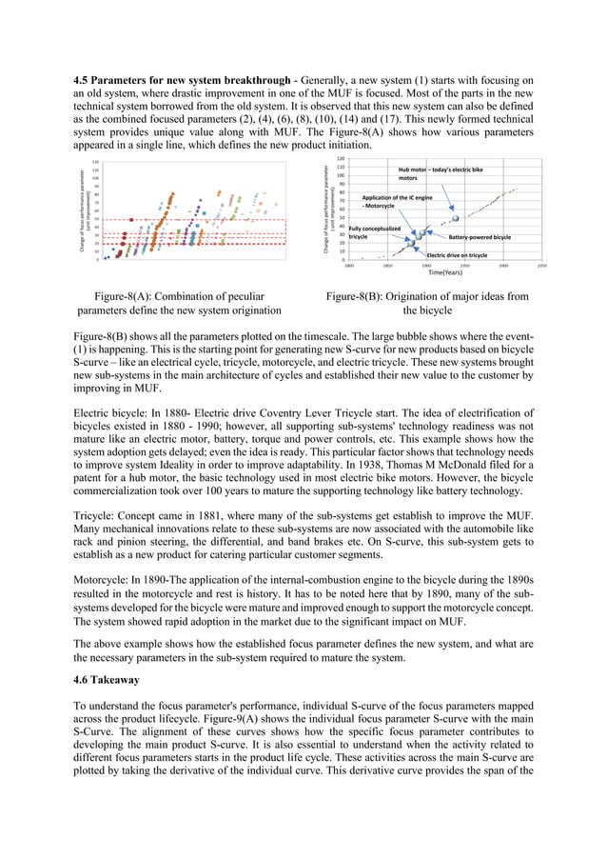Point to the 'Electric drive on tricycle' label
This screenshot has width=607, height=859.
coord(457,255)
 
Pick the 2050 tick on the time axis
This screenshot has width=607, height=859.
coord(541,266)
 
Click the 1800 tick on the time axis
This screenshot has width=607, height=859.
coord(349,266)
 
